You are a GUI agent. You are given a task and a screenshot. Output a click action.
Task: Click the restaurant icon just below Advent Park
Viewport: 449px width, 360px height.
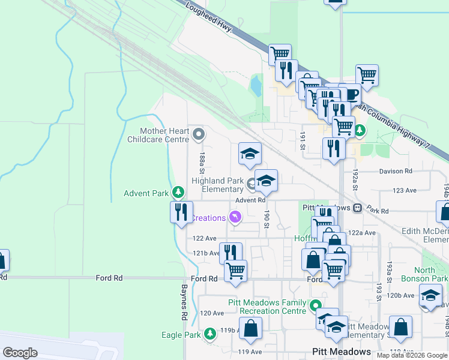click(181, 212)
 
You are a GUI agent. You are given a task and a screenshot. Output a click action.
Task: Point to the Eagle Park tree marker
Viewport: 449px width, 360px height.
click(209, 334)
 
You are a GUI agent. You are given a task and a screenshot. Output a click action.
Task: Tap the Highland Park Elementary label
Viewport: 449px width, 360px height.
click(217, 185)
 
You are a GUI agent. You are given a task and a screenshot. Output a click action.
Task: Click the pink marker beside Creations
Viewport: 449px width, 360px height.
click(235, 217)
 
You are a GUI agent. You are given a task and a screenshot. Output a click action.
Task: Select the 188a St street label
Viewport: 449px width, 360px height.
click(202, 161)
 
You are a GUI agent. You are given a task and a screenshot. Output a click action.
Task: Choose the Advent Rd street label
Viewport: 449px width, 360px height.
click(250, 200)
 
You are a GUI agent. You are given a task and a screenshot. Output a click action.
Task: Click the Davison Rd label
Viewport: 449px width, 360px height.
click(396, 171)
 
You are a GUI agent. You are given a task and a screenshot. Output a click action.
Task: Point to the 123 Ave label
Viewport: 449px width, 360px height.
click(404, 190)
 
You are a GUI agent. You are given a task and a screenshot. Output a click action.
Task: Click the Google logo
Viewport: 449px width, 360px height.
click(20, 352)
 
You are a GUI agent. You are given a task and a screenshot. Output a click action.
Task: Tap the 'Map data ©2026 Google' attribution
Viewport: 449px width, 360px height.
click(412, 355)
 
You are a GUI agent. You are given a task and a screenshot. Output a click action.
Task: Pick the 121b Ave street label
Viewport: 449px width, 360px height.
click(205, 253)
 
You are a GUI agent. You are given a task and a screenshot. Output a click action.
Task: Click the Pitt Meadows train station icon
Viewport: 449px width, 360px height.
click(357, 208)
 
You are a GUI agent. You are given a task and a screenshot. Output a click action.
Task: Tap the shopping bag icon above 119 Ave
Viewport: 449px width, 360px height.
click(251, 328)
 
